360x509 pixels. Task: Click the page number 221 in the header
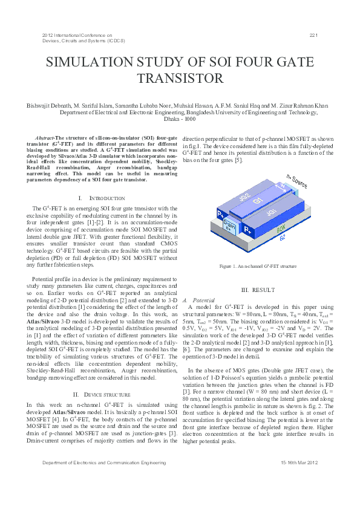pyautogui.click(x=313, y=36)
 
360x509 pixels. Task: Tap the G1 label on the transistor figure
pyautogui.click(x=257, y=199)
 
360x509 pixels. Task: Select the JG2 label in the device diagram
pyautogui.click(x=245, y=197)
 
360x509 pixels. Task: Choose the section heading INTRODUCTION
pyautogui.click(x=98, y=198)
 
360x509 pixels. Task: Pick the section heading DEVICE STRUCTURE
pyautogui.click(x=99, y=394)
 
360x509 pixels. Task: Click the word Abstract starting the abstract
pyautogui.click(x=44, y=138)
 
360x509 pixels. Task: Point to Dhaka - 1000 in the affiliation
pyautogui.click(x=180, y=119)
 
